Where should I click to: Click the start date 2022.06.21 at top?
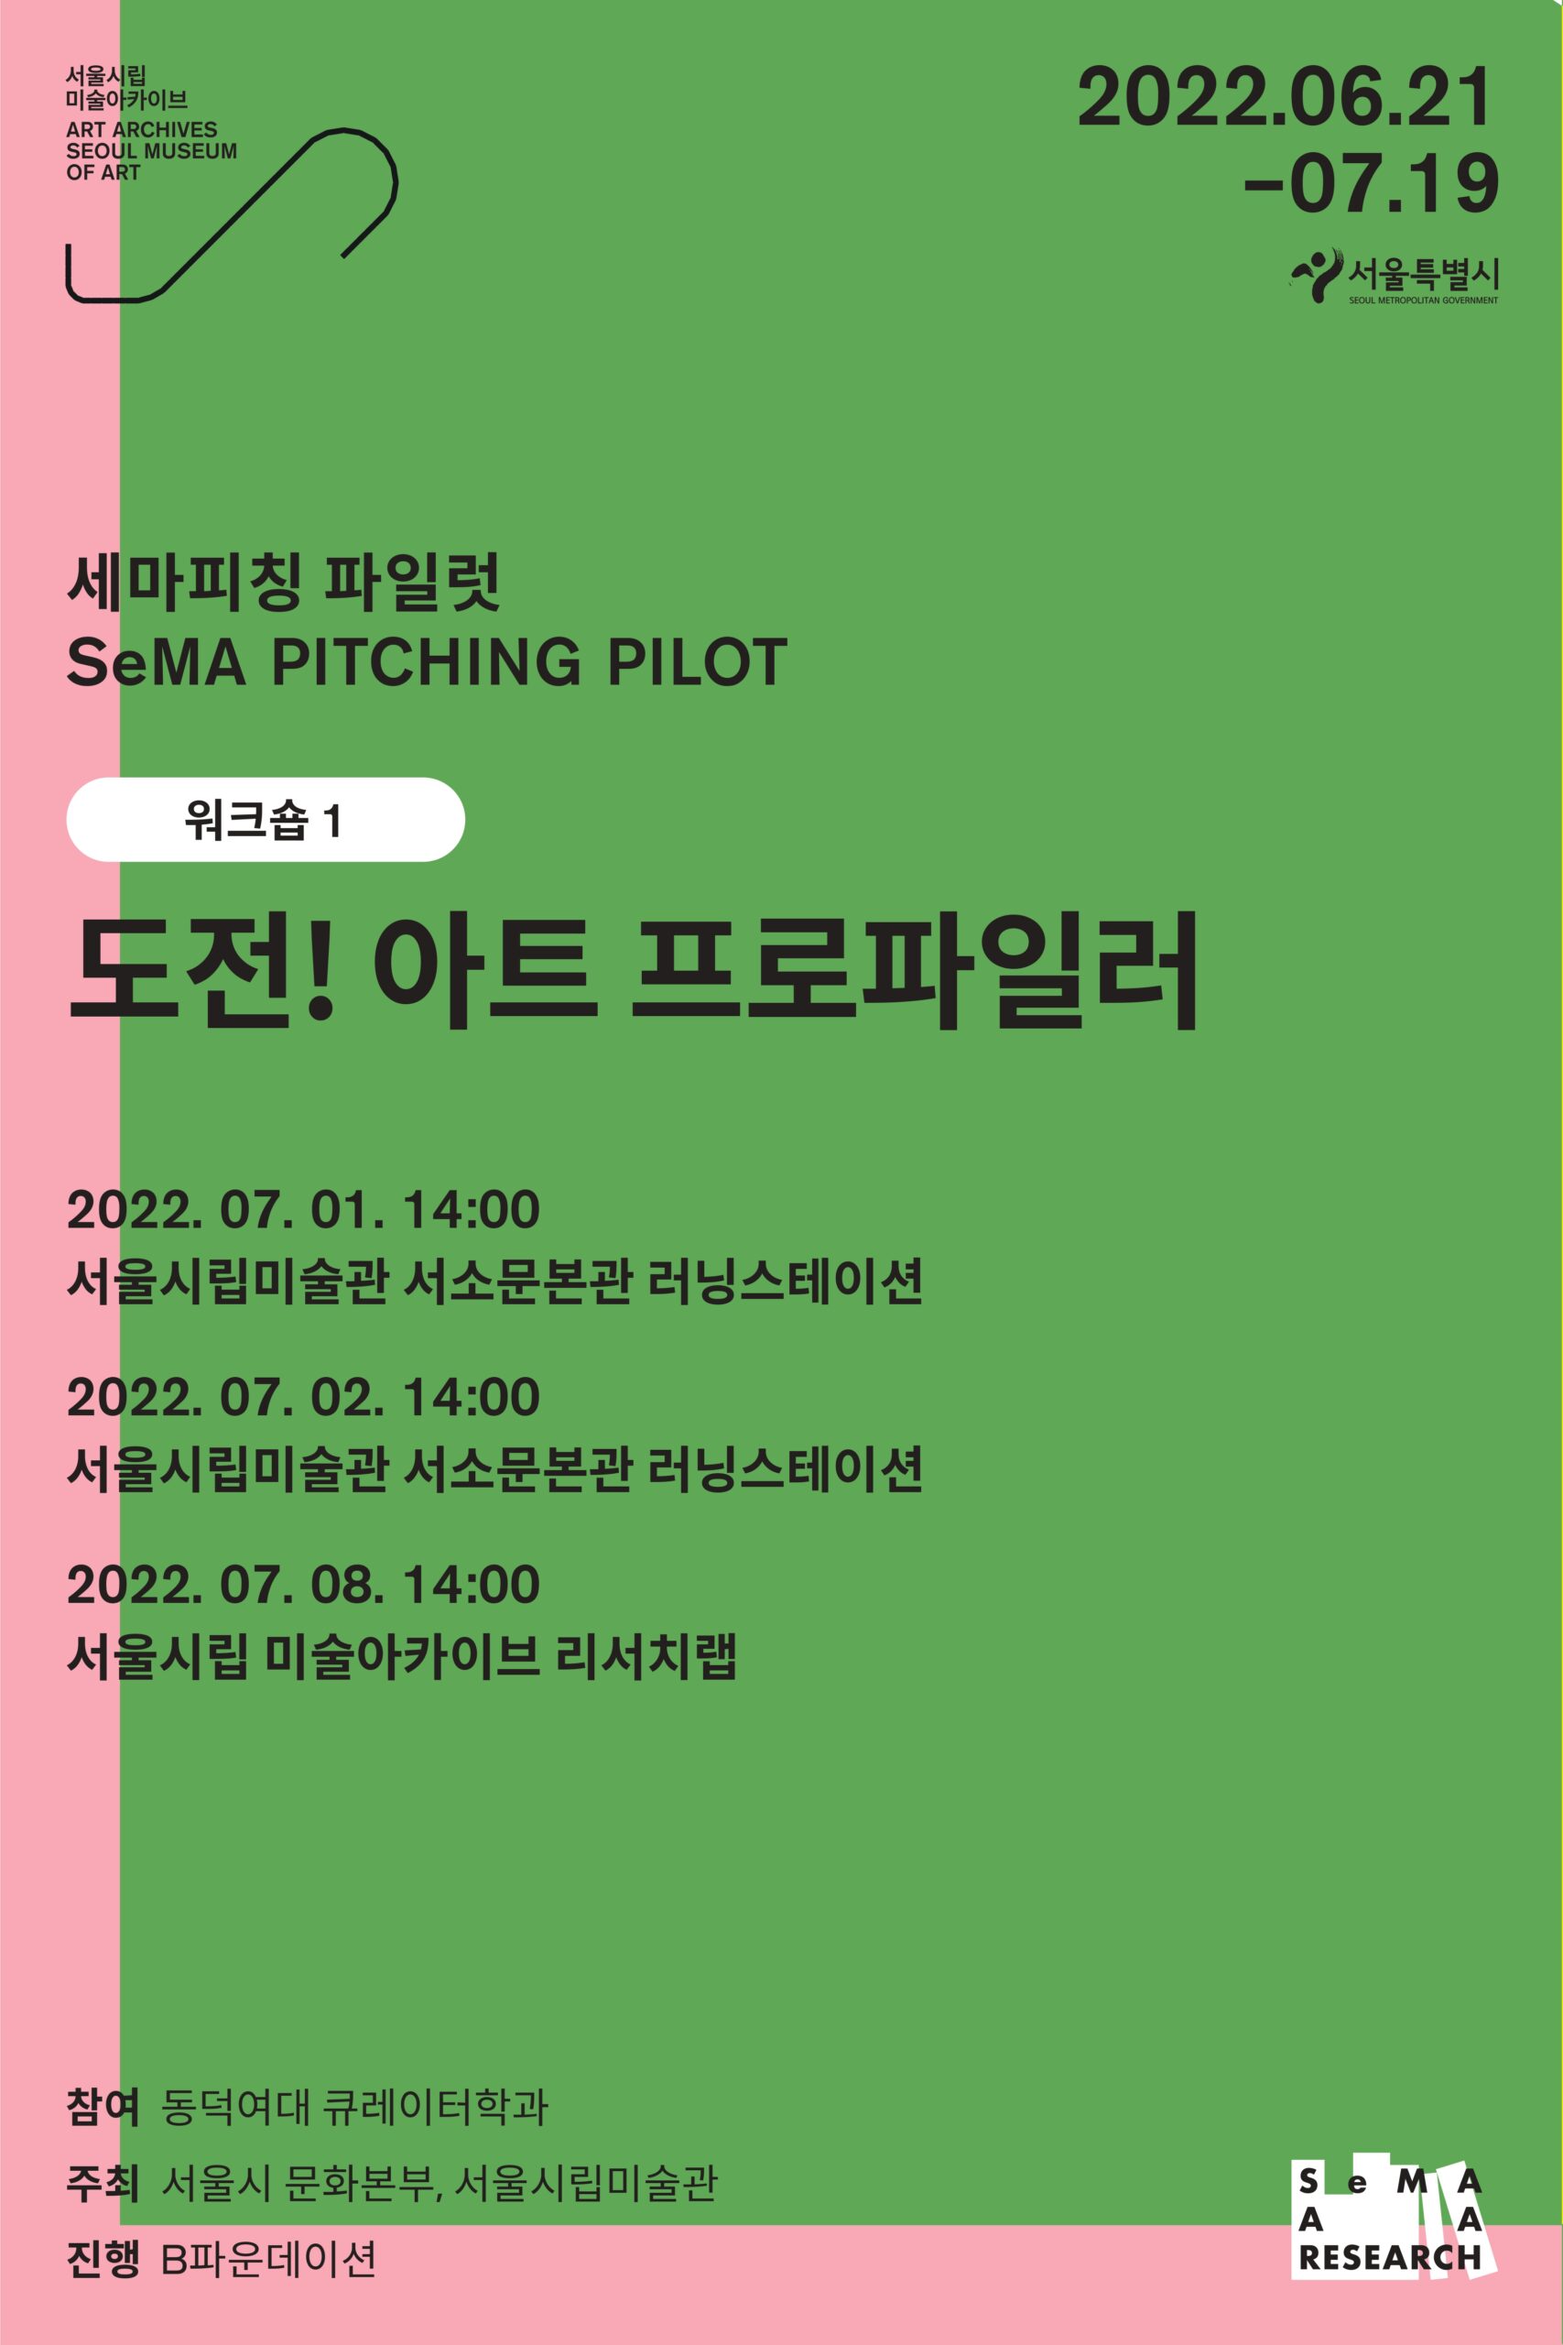(1285, 98)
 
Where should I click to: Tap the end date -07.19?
(1372, 183)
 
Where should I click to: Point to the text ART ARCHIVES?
(142, 129)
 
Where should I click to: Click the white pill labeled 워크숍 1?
(266, 820)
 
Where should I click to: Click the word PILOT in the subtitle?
(698, 662)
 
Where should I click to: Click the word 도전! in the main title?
(201, 970)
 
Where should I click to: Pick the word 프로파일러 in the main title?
(915, 970)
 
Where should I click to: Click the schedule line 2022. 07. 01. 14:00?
(303, 1209)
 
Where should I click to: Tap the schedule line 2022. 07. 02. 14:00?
(303, 1397)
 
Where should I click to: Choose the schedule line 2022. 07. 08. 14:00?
(303, 1585)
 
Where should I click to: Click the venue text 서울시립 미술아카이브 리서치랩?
(402, 1657)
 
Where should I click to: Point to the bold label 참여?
(102, 2108)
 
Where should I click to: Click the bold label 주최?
(102, 2184)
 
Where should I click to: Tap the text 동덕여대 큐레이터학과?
(355, 2108)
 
